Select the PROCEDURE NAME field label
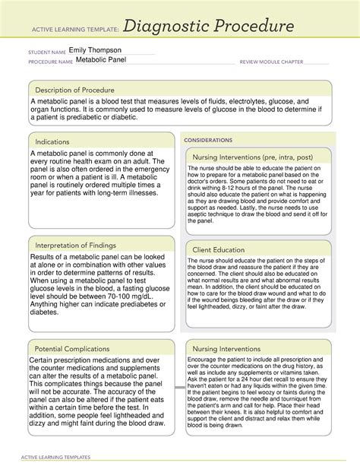click(x=50, y=62)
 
